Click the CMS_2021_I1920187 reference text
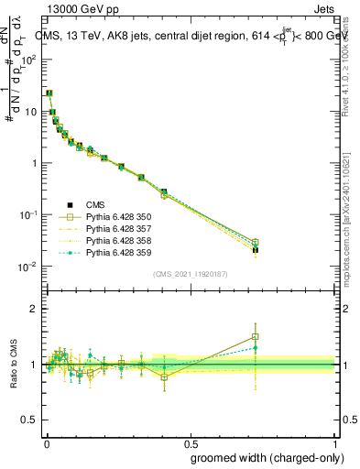(x=191, y=274)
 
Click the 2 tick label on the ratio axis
(x=32, y=309)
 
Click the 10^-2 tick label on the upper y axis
(x=27, y=267)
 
